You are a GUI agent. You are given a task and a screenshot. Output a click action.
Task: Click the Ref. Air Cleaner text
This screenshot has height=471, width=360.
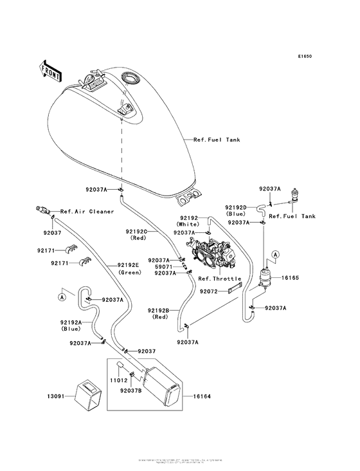tap(87, 211)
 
